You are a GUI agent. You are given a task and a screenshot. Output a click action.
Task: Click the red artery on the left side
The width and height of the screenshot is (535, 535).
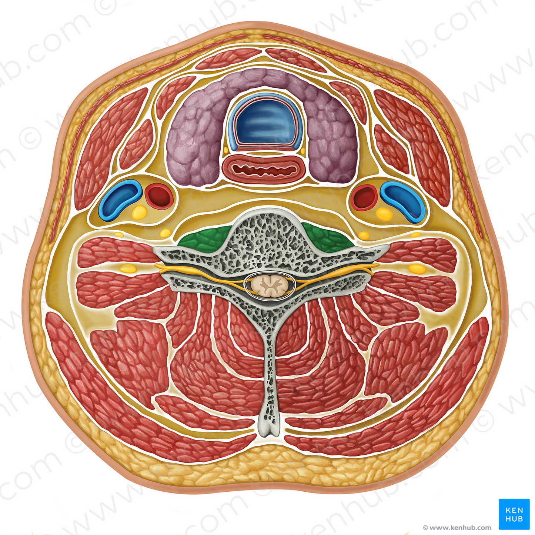159,196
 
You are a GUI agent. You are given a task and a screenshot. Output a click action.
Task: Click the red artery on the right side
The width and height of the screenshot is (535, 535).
364,197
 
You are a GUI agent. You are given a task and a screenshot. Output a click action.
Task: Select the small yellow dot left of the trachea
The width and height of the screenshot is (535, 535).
226,150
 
